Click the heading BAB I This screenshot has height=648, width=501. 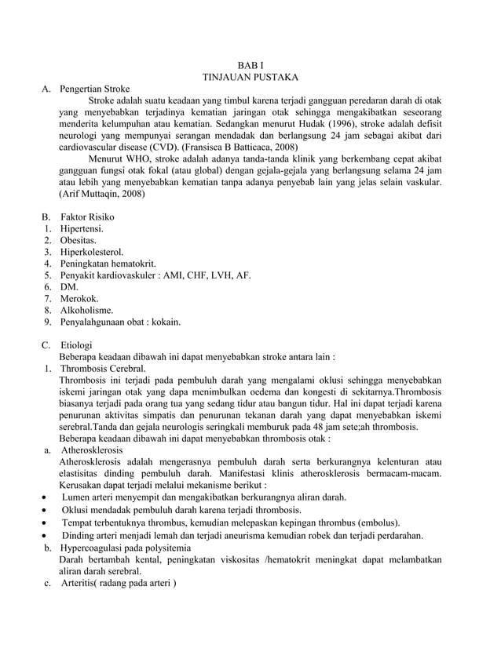click(x=251, y=65)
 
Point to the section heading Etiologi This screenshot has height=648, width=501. click(x=76, y=344)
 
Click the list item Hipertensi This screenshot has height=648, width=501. click(x=82, y=228)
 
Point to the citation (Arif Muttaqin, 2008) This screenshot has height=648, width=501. click(x=103, y=193)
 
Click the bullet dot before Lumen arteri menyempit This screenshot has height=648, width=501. click(x=46, y=497)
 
